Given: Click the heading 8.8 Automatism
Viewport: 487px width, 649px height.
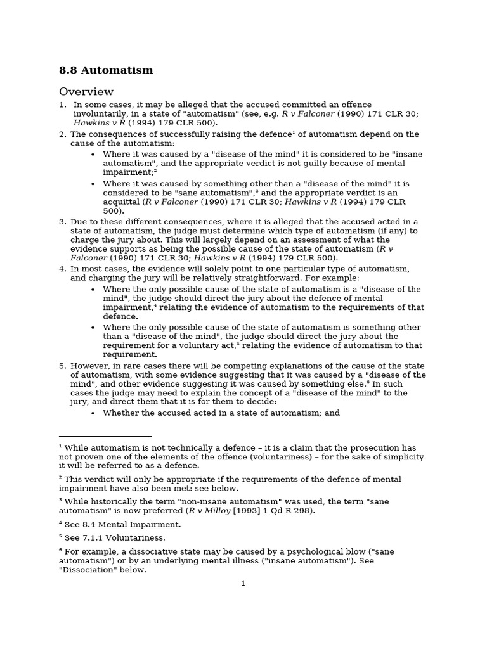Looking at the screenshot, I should pyautogui.click(x=106, y=70).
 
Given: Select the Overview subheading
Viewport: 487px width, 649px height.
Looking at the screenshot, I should pyautogui.click(x=86, y=92).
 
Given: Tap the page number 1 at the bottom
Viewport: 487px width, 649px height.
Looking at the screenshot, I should pyautogui.click(x=243, y=583).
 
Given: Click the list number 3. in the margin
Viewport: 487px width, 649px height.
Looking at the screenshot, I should pyautogui.click(x=63, y=222).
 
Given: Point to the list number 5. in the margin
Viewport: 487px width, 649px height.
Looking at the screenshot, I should pyautogui.click(x=63, y=366).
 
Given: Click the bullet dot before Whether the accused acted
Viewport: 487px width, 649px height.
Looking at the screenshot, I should pyautogui.click(x=93, y=413).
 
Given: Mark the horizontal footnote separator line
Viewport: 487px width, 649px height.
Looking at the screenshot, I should pyautogui.click(x=105, y=437).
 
